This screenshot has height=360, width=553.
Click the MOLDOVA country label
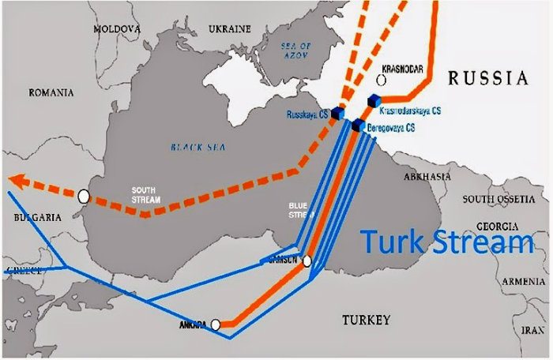pyautogui.click(x=117, y=28)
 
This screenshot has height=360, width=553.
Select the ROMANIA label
pyautogui.click(x=51, y=92)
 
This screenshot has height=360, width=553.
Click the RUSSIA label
pyautogui.click(x=487, y=77)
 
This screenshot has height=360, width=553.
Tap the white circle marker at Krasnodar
pyautogui.click(x=382, y=80)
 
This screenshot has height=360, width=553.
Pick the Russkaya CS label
pyautogui.click(x=307, y=115)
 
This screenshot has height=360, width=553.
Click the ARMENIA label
pyautogui.click(x=525, y=281)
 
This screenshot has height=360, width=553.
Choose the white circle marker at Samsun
pyautogui.click(x=307, y=261)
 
